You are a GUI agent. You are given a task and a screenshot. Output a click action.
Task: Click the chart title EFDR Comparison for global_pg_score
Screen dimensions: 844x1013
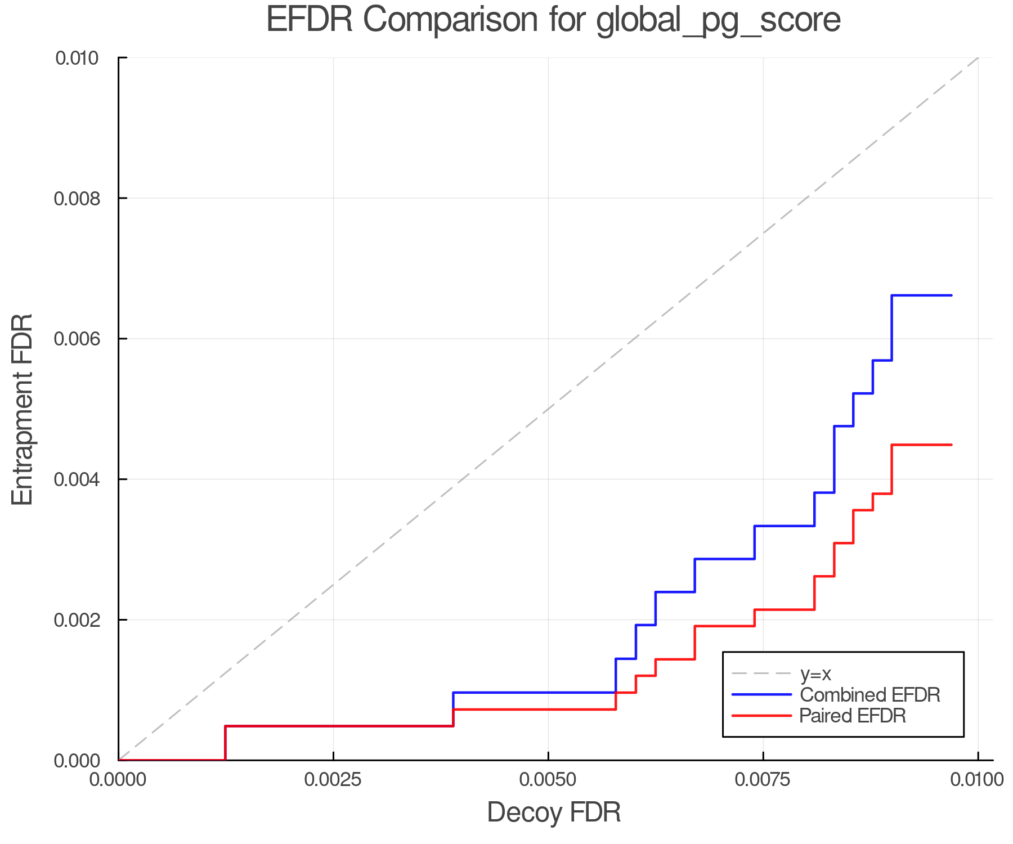(x=553, y=20)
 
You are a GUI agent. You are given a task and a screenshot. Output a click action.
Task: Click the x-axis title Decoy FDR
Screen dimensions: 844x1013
(x=554, y=812)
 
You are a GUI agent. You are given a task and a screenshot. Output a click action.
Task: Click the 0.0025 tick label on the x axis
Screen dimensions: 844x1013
(x=333, y=780)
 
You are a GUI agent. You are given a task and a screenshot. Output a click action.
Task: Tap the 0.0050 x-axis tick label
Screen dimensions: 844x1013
(x=548, y=780)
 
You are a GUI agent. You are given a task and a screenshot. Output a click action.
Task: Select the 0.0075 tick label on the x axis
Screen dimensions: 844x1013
(x=763, y=780)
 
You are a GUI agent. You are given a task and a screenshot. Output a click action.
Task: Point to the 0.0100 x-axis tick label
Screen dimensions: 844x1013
(x=977, y=780)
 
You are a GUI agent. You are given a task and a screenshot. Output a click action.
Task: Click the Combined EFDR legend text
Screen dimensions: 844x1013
(x=870, y=695)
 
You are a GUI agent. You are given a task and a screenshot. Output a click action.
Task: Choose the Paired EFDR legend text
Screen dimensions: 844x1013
(x=853, y=716)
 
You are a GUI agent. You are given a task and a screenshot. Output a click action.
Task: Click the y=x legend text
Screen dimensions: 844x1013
(x=815, y=674)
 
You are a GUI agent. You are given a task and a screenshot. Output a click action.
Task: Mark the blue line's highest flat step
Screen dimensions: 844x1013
(x=921, y=295)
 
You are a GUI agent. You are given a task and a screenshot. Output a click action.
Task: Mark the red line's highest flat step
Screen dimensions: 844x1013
(x=921, y=445)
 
